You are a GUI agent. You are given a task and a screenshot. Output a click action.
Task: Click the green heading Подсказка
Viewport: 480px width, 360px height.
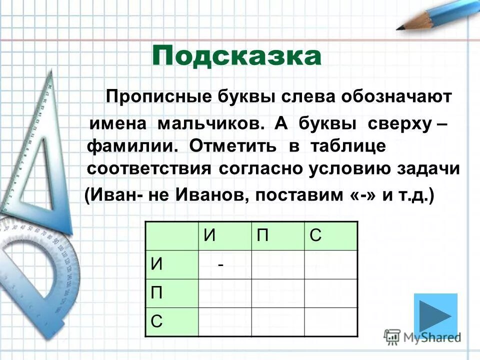[x=236, y=56]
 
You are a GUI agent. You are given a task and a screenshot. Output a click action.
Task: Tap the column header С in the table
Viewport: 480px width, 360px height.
[x=315, y=236]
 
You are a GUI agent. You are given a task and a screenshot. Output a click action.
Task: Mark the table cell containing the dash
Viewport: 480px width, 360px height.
[x=224, y=264]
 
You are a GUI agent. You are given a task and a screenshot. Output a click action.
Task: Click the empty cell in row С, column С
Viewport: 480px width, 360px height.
[x=330, y=321]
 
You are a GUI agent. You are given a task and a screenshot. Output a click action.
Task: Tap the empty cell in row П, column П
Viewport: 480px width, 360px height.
[x=277, y=293]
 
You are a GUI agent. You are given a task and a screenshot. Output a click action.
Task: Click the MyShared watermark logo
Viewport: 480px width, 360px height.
[x=422, y=336]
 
